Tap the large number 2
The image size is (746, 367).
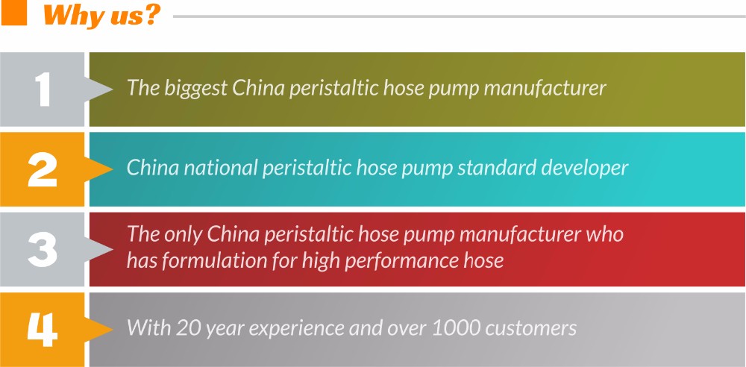pos(43,169)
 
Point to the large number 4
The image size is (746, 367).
pos(43,330)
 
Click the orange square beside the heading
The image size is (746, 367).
pos(13,13)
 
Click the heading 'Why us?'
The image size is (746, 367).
pos(101,16)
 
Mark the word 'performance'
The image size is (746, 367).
pos(411,262)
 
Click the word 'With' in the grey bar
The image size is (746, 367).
pos(149,328)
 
